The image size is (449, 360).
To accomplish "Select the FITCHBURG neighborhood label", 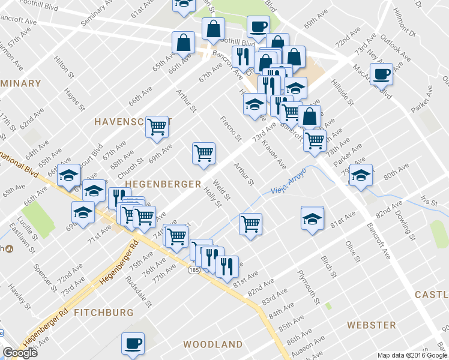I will (x=103, y=313).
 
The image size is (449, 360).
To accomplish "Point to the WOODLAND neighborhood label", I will (x=212, y=344).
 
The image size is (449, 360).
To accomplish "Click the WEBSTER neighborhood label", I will (x=371, y=325).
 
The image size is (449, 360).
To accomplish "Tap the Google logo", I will (x=20, y=353).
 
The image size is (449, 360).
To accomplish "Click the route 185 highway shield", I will (x=193, y=271).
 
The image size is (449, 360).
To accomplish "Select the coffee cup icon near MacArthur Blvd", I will (x=381, y=74).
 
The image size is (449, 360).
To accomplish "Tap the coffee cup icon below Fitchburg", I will (x=133, y=344).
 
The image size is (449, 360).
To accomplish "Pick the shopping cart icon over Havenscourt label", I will (x=157, y=127).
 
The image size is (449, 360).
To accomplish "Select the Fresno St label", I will (x=231, y=130).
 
